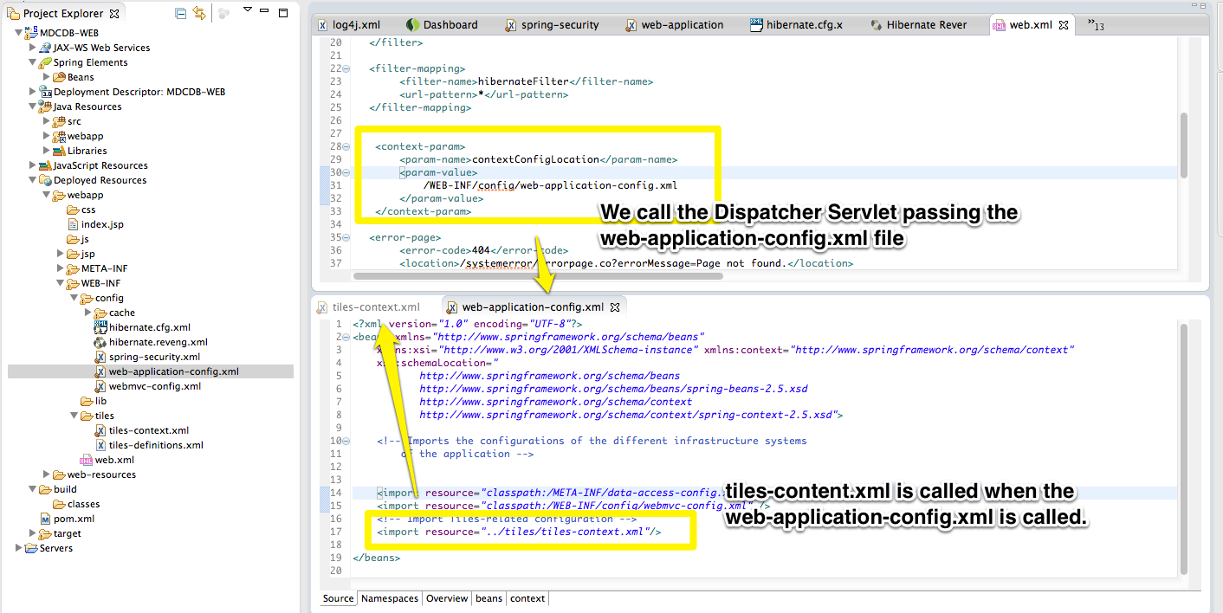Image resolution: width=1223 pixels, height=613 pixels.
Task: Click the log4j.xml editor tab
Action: [x=355, y=25]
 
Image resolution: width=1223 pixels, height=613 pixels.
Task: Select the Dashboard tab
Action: [x=450, y=25]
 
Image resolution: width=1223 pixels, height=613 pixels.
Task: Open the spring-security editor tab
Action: [x=560, y=25]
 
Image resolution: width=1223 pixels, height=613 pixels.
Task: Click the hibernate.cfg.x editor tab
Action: [x=804, y=25]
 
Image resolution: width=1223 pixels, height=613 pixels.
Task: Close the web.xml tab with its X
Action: [x=1064, y=25]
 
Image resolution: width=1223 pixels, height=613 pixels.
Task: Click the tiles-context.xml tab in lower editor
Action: [x=375, y=306]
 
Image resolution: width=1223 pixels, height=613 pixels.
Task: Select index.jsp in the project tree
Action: [x=102, y=224]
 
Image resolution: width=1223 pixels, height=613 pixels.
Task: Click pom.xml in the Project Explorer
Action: [x=74, y=519]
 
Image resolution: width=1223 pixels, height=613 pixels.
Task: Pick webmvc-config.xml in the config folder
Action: [x=154, y=386]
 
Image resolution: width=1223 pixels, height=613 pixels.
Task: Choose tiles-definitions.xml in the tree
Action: [x=156, y=445]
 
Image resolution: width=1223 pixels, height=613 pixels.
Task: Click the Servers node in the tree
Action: [x=56, y=548]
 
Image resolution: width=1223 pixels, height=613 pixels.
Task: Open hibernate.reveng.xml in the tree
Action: [x=158, y=342]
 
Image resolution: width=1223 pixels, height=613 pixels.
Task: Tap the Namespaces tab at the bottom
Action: [x=390, y=598]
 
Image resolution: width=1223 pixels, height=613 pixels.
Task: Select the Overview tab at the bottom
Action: [x=447, y=598]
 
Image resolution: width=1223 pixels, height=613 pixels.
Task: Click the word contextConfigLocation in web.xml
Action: [x=535, y=159]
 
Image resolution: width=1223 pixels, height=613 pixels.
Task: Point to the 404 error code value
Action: [x=482, y=250]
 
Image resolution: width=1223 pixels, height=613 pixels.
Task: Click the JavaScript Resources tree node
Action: [x=100, y=165]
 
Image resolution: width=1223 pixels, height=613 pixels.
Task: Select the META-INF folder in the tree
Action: [x=104, y=268]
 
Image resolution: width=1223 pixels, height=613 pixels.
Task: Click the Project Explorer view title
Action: [x=63, y=14]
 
